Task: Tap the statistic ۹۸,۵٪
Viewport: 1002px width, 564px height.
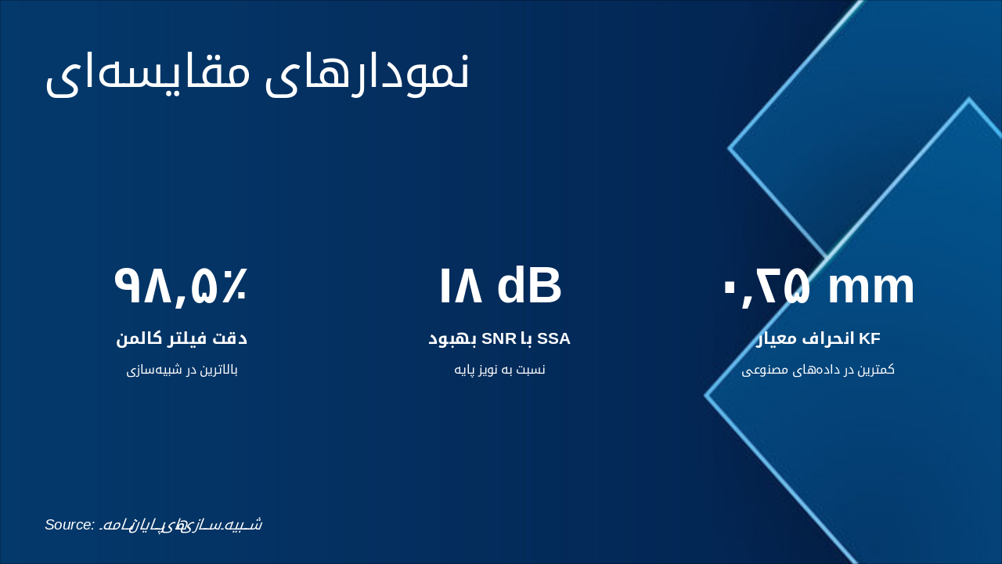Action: pyautogui.click(x=181, y=286)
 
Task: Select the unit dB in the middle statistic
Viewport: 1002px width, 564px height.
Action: pyautogui.click(x=529, y=286)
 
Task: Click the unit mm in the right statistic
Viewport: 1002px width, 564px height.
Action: pyautogui.click(x=870, y=286)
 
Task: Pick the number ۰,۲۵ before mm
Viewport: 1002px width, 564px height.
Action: pyautogui.click(x=766, y=286)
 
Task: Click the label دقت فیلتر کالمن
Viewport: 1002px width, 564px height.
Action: pyautogui.click(x=181, y=338)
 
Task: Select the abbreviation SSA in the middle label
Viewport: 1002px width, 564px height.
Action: pyautogui.click(x=553, y=338)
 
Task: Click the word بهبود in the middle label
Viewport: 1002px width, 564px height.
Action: pyautogui.click(x=452, y=338)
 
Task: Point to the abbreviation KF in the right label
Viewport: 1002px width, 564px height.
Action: pyautogui.click(x=870, y=338)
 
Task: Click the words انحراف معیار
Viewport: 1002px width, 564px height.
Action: pyautogui.click(x=806, y=338)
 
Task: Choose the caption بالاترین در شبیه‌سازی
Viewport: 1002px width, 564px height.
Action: pyautogui.click(x=181, y=369)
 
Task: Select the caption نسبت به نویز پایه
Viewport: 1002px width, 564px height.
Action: pyautogui.click(x=499, y=369)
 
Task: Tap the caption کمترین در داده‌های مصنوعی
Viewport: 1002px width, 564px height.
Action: pyautogui.click(x=818, y=369)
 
